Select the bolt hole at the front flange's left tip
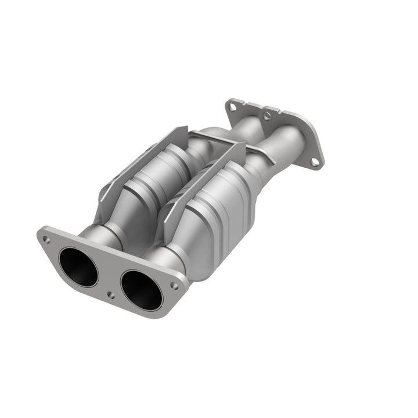tap(46, 239)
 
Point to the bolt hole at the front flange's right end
tap(174, 286)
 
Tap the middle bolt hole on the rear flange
tap(267, 116)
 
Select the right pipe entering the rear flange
tap(284, 145)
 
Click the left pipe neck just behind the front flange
tap(99, 232)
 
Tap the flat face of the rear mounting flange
tap(308, 136)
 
